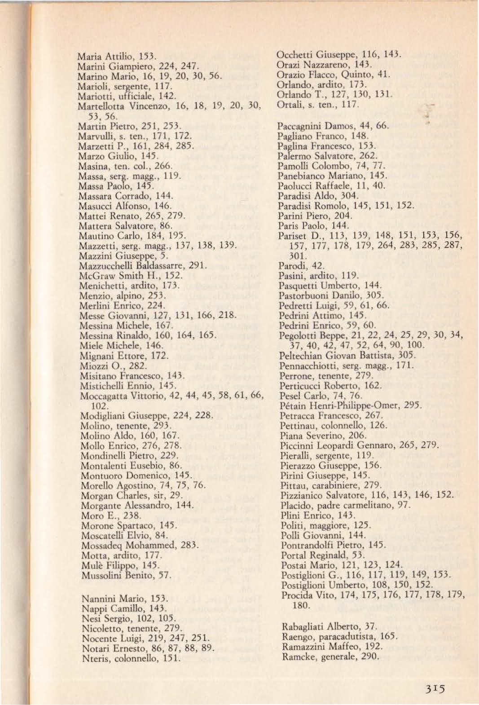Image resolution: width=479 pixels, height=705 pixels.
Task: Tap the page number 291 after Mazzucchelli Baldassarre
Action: [197, 265]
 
